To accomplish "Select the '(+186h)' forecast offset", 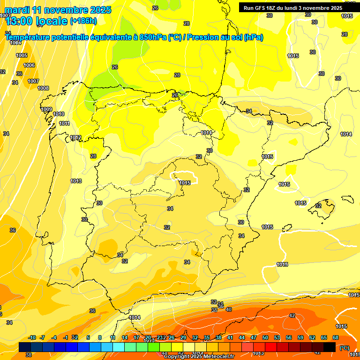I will [83, 21].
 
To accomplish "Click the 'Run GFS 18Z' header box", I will [293, 7].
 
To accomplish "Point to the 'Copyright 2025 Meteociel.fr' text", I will [198, 356].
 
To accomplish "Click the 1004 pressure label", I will [15, 43].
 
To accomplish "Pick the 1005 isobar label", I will [22, 55].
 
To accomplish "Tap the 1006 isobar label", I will [29, 65].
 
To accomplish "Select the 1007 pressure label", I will [33, 81].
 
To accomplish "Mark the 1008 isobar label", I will [43, 88].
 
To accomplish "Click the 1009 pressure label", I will [46, 109].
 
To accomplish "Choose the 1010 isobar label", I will [59, 114].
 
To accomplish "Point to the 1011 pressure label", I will [64, 123].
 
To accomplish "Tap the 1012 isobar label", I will [76, 137].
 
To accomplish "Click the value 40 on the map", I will [229, 309].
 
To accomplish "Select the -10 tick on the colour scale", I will [32, 337].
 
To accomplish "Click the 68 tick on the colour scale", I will [336, 337].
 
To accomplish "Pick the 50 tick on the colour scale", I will [265, 337].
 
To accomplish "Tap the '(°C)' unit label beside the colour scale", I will [345, 348].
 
